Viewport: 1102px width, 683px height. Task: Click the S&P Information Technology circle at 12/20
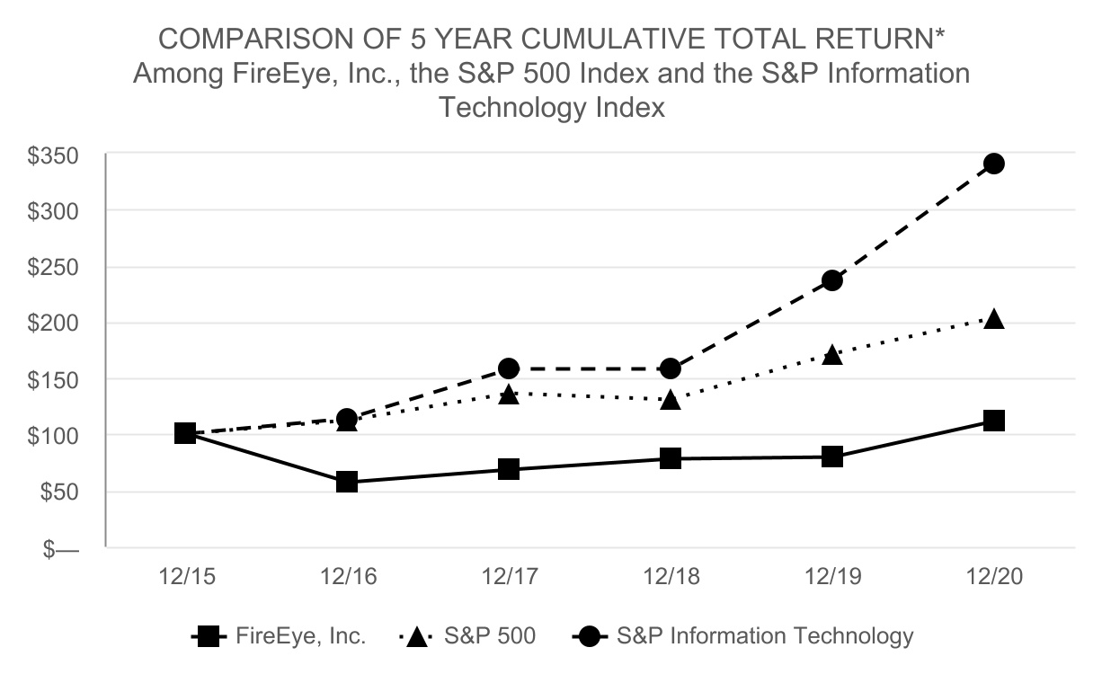click(993, 164)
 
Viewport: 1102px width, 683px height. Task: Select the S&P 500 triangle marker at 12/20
click(993, 319)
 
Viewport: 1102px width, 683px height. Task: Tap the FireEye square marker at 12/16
click(347, 482)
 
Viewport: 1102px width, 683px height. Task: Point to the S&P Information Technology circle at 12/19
click(832, 280)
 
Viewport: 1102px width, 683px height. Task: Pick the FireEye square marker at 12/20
click(993, 421)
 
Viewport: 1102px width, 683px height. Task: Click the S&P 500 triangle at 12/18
click(671, 400)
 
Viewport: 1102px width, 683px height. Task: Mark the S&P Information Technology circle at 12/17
click(509, 368)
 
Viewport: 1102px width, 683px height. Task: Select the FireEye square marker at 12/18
click(671, 458)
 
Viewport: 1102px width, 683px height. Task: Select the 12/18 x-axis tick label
click(671, 577)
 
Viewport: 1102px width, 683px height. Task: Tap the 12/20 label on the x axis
click(993, 577)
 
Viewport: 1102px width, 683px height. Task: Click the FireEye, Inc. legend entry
click(280, 636)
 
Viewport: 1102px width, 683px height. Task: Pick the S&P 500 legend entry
click(467, 636)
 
